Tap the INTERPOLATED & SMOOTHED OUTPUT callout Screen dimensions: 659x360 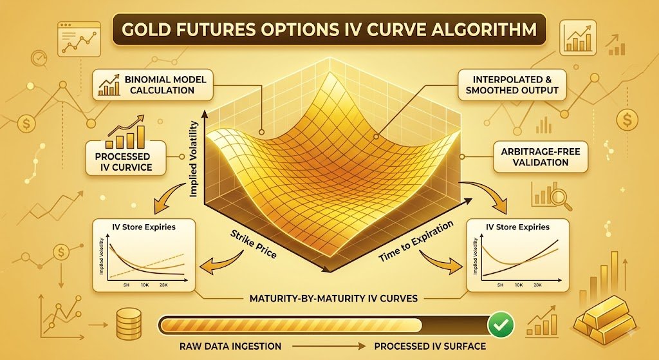point(512,85)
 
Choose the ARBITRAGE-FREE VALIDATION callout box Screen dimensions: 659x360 point(541,157)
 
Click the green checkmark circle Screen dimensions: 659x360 point(501,325)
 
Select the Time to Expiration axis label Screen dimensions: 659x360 point(416,242)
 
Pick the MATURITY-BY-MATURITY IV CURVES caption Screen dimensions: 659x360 point(334,299)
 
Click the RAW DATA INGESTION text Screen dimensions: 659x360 point(230,346)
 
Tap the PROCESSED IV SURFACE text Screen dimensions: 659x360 point(430,346)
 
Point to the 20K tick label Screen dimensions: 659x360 point(537,285)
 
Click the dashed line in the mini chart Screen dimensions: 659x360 point(147,265)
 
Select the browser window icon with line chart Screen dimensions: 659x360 point(79,39)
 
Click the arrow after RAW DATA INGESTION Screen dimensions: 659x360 point(328,346)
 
